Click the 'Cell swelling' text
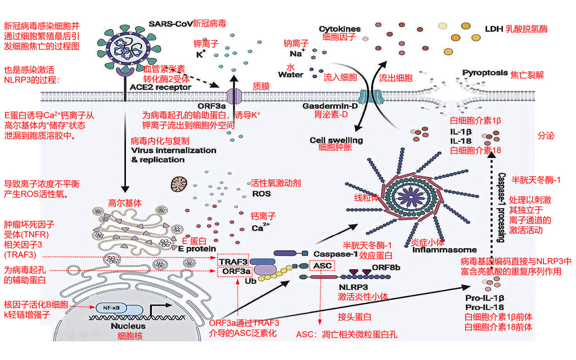[x=336, y=140]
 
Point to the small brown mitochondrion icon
[x=180, y=183]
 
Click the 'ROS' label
[x=261, y=193]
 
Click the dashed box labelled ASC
[x=322, y=265]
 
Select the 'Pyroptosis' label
[x=485, y=73]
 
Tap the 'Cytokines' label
[x=340, y=29]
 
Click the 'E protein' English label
[x=197, y=249]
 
